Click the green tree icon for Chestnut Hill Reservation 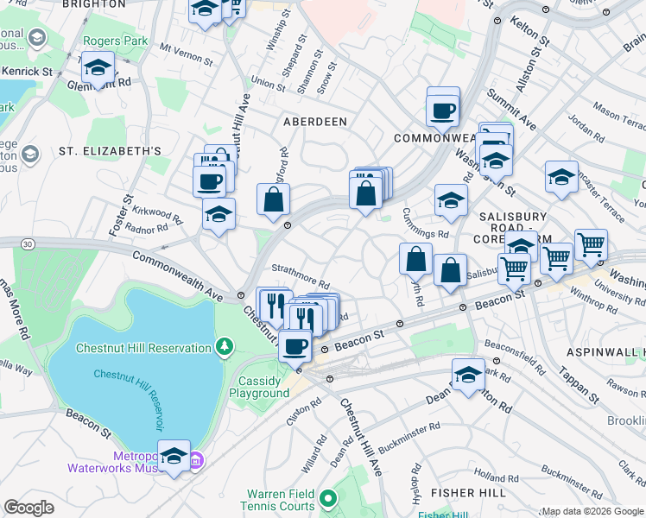coord(225,348)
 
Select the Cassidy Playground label coord(259,387)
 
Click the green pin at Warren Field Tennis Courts coord(327,498)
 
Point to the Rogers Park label coord(111,41)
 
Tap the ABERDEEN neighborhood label coord(315,122)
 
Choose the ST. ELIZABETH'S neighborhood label coord(110,151)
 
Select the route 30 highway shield coord(28,245)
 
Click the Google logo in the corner coord(28,507)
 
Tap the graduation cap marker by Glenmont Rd coord(98,68)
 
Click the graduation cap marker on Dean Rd coord(468,376)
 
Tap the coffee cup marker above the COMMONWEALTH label coord(443,111)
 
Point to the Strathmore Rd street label coord(301,278)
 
